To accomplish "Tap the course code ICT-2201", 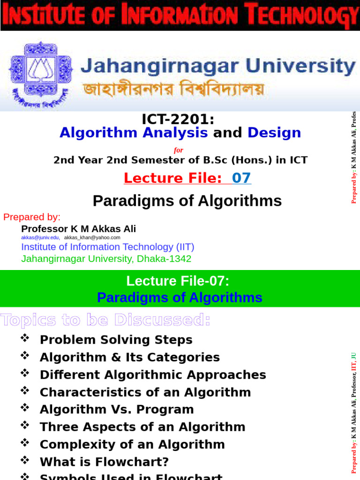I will coord(178,120).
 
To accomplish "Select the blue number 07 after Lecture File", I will coord(241,178).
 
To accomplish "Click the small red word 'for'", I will coord(178,150).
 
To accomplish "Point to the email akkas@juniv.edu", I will coord(40,238).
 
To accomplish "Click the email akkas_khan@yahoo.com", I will coord(92,238).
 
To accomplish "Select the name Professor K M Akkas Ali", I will coord(79,229).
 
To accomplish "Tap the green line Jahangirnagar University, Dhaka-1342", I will coord(106,259).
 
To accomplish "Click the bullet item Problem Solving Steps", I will coord(116,340).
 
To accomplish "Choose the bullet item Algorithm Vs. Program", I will coord(117,409).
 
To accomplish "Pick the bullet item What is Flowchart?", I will coord(104,462).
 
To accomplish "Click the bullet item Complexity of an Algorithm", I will coord(132,444).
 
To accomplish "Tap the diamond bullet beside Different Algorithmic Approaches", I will coord(25,374).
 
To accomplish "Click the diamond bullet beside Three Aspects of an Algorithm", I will coord(25,426).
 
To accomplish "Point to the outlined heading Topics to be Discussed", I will coord(105,320).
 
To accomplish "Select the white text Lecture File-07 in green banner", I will coord(178,281).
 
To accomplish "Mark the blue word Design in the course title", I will coord(274,133).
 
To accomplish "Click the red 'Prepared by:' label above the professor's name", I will coord(32,217).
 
